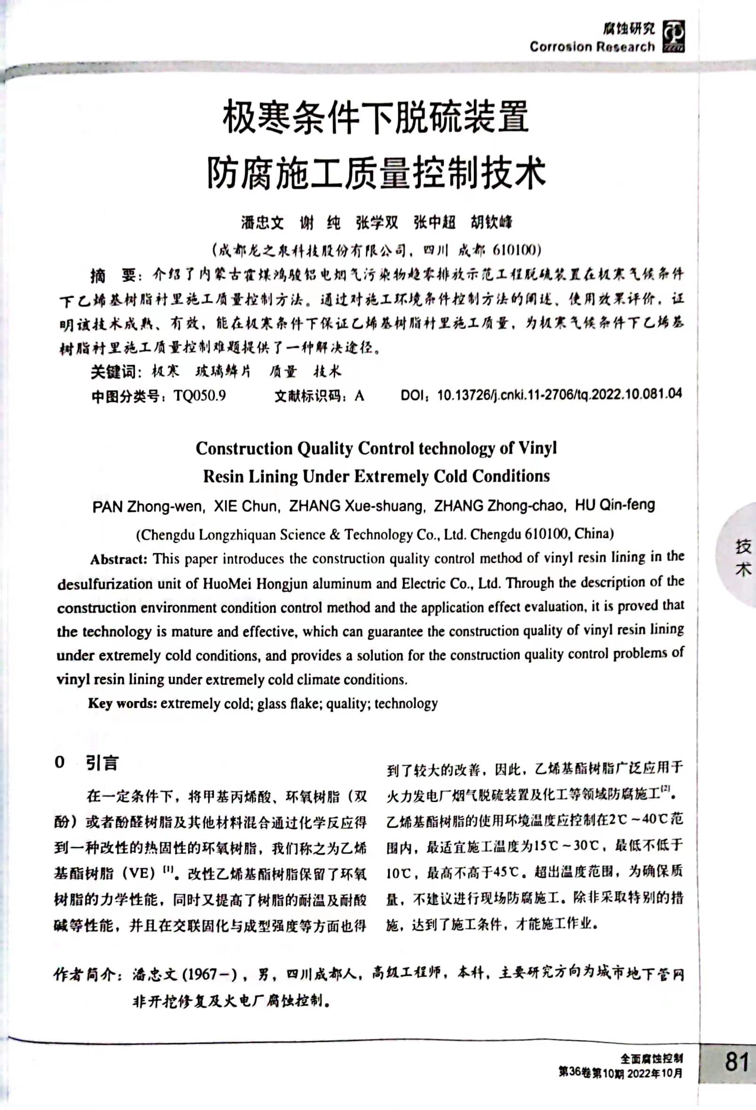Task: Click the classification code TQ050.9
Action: pos(200,396)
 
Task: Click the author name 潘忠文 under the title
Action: pos(262,222)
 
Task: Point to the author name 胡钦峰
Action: pos(491,222)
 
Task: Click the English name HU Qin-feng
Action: pos(614,505)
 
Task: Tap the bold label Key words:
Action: pos(122,704)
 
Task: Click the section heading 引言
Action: pos(102,763)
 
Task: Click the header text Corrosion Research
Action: pos(592,47)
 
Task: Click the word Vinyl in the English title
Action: pos(538,448)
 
